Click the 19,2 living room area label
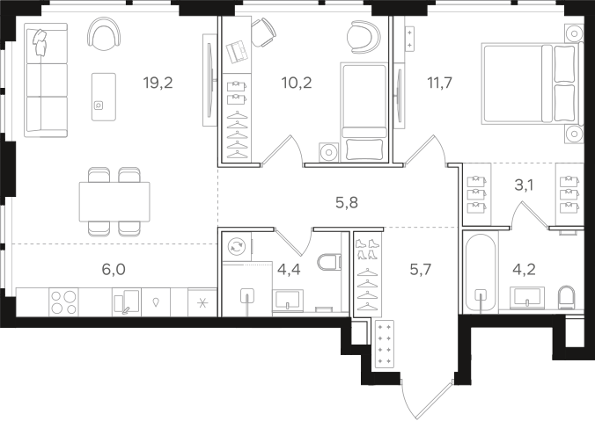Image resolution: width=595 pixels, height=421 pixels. click(158, 83)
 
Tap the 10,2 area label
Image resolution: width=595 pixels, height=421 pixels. click(297, 83)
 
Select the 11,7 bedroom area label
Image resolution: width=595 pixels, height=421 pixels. click(440, 83)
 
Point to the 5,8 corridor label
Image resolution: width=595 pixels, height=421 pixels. click(347, 203)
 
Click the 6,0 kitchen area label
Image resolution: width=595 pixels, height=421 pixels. click(114, 270)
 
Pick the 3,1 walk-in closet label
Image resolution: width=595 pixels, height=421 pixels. click(524, 185)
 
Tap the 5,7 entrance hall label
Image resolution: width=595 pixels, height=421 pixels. click(421, 270)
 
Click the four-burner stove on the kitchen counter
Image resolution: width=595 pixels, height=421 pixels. click(63, 302)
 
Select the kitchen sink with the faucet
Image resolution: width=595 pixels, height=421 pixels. click(127, 302)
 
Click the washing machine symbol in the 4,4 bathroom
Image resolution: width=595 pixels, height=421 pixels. click(237, 246)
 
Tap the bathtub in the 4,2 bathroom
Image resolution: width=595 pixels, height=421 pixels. click(481, 273)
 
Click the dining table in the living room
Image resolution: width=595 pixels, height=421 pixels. click(114, 201)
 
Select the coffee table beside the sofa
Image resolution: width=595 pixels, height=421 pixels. click(104, 97)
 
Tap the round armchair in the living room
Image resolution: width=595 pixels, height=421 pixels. click(105, 35)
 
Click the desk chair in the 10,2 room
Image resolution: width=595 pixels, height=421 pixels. click(262, 33)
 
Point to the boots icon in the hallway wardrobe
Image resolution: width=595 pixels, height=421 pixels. click(367, 249)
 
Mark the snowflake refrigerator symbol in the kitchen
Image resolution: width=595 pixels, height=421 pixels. click(202, 302)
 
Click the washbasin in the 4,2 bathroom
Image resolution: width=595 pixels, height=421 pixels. click(527, 296)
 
